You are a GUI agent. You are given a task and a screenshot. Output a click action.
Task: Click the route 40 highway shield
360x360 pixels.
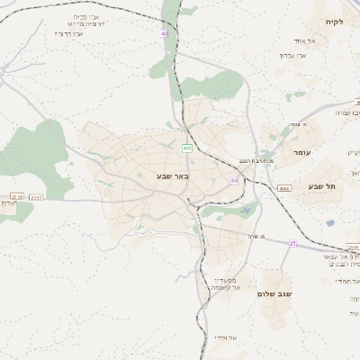pos(165,33)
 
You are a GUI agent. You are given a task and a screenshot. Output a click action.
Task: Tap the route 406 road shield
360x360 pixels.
pos(187,148)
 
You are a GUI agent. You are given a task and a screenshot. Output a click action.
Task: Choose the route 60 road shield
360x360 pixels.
pos(234,181)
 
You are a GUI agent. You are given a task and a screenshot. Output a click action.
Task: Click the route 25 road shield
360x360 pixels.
pos(292,243)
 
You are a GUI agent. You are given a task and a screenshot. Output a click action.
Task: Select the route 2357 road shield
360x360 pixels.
pos(36,196)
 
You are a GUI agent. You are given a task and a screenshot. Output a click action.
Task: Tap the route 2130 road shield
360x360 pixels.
pos(16,196)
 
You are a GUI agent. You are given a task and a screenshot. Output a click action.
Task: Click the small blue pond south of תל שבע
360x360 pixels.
pos(330,223)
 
